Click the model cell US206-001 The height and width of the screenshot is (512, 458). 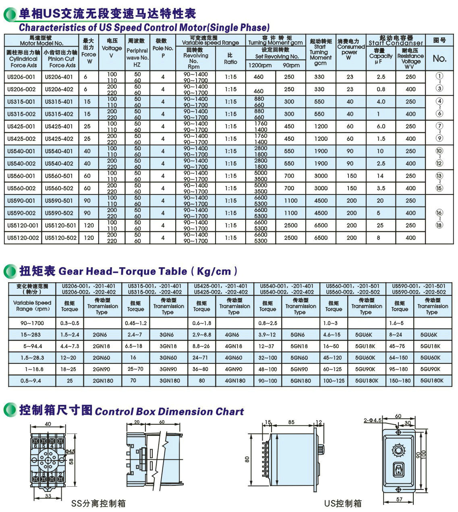[x=21, y=77]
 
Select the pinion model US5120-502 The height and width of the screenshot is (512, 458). [x=60, y=238]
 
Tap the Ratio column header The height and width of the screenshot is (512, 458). [x=230, y=59]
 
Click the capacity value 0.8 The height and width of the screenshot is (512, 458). [x=381, y=89]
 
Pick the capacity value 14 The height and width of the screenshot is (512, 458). [x=380, y=176]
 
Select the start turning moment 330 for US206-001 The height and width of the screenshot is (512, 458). [x=319, y=77]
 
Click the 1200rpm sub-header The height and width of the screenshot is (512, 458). [x=260, y=65]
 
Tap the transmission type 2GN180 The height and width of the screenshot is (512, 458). [x=103, y=380]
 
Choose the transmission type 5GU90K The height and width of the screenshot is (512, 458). [x=365, y=369]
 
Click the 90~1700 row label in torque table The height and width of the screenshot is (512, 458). [x=32, y=323]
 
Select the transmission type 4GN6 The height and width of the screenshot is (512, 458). [x=232, y=334]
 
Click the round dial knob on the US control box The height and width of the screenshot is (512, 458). [x=398, y=448]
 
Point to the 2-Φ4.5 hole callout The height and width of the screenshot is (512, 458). [x=373, y=420]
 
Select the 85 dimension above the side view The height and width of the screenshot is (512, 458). [x=291, y=422]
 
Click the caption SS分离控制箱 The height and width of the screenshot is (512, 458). [x=98, y=503]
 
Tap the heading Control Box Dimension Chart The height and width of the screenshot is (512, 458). [x=169, y=411]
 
